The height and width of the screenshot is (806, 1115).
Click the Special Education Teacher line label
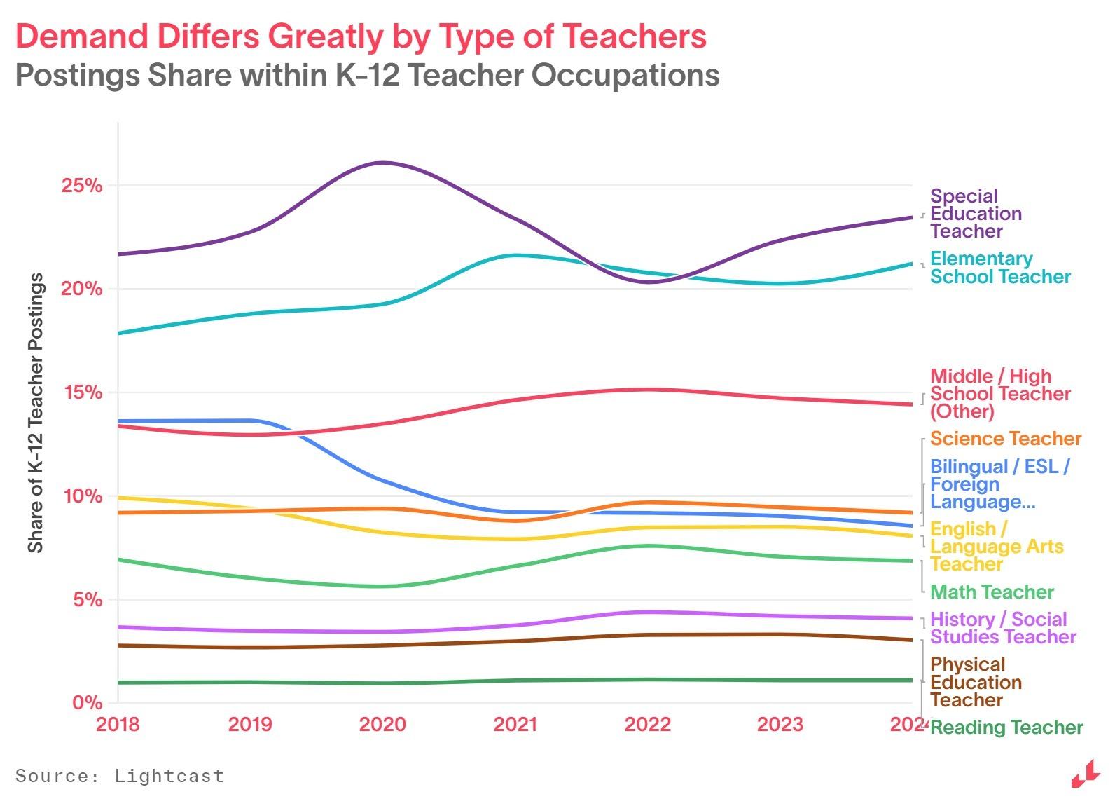(x=975, y=214)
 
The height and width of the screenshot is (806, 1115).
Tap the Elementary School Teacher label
(x=999, y=268)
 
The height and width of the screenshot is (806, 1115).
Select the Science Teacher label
(x=1005, y=439)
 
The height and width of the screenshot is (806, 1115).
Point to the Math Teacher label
(x=991, y=592)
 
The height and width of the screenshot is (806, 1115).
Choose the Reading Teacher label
(x=1006, y=728)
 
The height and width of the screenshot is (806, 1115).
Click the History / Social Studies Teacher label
(x=1002, y=628)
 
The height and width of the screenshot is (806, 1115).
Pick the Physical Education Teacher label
(x=975, y=682)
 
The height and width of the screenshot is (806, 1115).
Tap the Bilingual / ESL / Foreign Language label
(x=999, y=484)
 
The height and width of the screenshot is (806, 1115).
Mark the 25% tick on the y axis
(x=82, y=186)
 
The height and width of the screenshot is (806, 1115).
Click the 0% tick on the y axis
(x=87, y=702)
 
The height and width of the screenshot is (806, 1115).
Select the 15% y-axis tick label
(x=82, y=392)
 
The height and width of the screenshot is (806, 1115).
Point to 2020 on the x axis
(x=382, y=724)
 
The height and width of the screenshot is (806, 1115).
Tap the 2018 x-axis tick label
(x=118, y=724)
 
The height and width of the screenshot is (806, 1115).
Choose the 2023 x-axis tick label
(x=780, y=724)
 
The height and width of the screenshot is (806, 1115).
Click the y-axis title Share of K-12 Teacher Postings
(x=36, y=413)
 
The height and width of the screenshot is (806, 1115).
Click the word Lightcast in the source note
(x=169, y=776)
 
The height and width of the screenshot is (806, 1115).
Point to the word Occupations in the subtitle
(x=625, y=75)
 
